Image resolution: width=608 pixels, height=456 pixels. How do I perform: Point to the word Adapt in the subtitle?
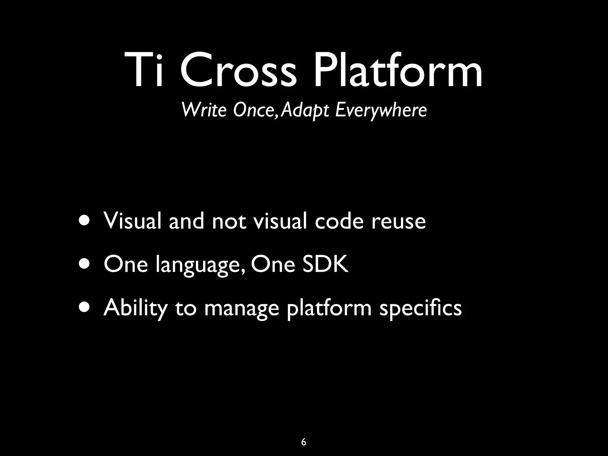[305, 110]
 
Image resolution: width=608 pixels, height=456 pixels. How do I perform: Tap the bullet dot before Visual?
[85, 221]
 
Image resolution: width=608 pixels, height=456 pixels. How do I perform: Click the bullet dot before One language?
[85, 264]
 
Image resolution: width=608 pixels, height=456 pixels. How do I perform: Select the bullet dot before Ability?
[85, 307]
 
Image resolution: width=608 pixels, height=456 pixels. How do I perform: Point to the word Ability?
[135, 308]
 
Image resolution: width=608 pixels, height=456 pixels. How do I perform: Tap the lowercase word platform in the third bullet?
[329, 308]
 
